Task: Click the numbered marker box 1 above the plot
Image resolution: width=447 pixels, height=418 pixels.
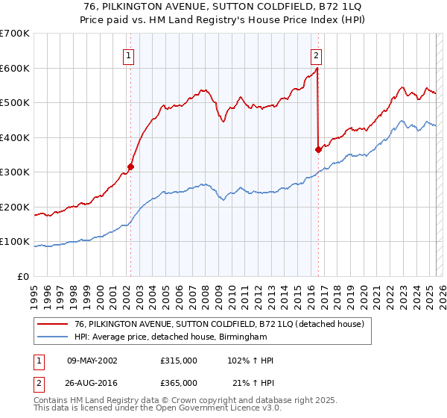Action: pyautogui.click(x=129, y=54)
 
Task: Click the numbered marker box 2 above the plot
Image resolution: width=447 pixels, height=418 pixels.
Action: pyautogui.click(x=316, y=54)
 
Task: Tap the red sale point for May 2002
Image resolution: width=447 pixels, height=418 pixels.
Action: pyautogui.click(x=130, y=167)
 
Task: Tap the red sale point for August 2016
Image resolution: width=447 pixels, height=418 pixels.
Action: pyautogui.click(x=318, y=149)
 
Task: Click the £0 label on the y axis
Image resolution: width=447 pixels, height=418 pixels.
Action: pyautogui.click(x=24, y=277)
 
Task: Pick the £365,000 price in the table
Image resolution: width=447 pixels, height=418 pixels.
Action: pyautogui.click(x=178, y=382)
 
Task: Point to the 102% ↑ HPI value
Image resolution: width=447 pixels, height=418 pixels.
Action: pyautogui.click(x=250, y=361)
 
